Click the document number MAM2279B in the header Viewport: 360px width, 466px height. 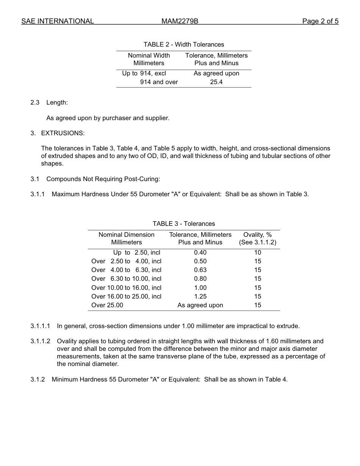(180, 21)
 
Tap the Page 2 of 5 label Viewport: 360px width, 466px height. (320, 21)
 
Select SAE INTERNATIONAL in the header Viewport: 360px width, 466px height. (58, 21)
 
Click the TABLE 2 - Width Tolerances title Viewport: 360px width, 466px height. (184, 44)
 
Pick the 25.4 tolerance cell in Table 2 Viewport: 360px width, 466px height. (216, 82)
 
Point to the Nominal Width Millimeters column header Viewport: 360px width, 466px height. (149, 59)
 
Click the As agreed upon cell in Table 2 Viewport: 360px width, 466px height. (216, 73)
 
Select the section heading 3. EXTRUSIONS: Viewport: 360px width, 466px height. (58, 133)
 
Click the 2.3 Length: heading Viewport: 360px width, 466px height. (49, 102)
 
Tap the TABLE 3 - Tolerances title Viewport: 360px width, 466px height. (184, 224)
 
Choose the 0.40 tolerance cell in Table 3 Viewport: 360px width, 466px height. (200, 252)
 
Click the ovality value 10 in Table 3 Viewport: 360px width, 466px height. (258, 252)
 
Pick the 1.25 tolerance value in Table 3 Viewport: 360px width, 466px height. (200, 296)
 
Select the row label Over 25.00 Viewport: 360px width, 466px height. (107, 305)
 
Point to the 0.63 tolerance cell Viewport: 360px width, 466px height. (200, 270)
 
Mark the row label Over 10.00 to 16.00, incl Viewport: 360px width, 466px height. (126, 288)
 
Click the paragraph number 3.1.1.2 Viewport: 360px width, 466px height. (40, 341)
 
